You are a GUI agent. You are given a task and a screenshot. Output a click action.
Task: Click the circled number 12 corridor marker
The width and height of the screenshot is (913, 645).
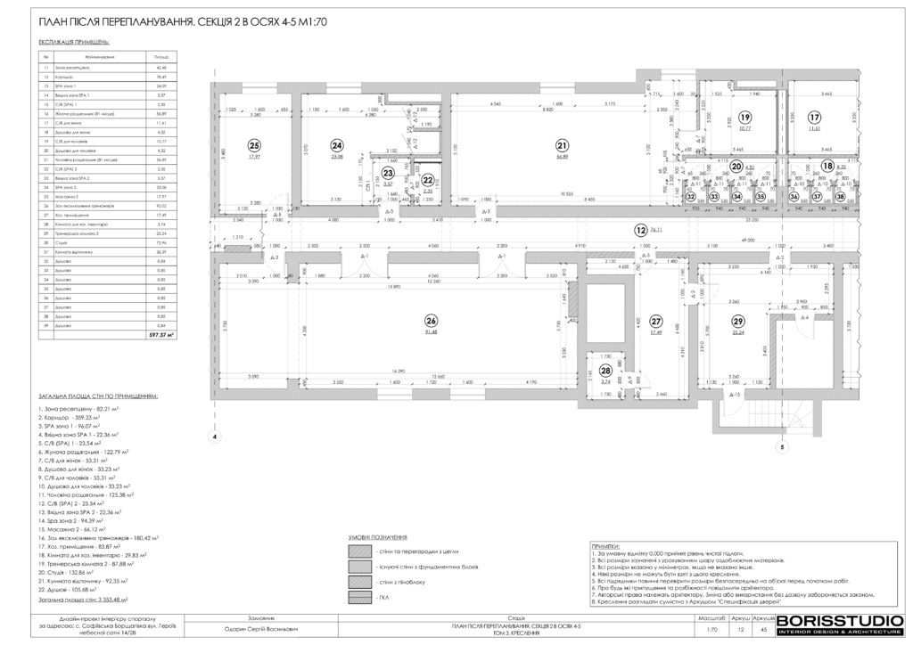[640, 230]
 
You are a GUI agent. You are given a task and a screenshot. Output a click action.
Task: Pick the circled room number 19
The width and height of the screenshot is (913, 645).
[744, 117]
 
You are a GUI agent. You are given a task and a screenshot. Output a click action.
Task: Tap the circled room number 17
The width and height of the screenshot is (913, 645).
[813, 117]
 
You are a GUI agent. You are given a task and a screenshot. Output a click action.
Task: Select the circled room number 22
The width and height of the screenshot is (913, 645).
[427, 179]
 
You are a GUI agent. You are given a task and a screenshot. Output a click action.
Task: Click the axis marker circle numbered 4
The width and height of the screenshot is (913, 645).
[213, 437]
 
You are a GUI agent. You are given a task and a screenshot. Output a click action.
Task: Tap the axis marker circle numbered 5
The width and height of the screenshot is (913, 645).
[781, 448]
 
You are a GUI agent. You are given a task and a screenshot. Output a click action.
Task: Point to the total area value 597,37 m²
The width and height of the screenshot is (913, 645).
[161, 335]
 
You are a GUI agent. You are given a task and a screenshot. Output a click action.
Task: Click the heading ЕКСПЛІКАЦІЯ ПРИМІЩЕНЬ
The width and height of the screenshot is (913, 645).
[74, 41]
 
